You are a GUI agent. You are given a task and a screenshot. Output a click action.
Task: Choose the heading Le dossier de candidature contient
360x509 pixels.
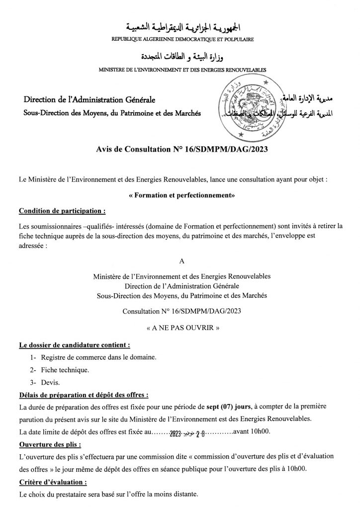(75, 344)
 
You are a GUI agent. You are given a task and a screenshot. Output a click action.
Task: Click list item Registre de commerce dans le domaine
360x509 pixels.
(100, 357)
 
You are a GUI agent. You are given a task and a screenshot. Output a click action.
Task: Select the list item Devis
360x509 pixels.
(51, 383)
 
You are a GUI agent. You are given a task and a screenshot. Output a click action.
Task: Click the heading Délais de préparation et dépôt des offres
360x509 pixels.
(83, 396)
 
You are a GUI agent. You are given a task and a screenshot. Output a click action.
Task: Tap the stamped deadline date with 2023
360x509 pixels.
(185, 432)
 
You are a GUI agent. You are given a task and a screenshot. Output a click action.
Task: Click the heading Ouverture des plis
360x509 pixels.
(50, 444)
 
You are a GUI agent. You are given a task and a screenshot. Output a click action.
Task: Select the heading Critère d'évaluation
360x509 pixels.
(53, 482)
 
